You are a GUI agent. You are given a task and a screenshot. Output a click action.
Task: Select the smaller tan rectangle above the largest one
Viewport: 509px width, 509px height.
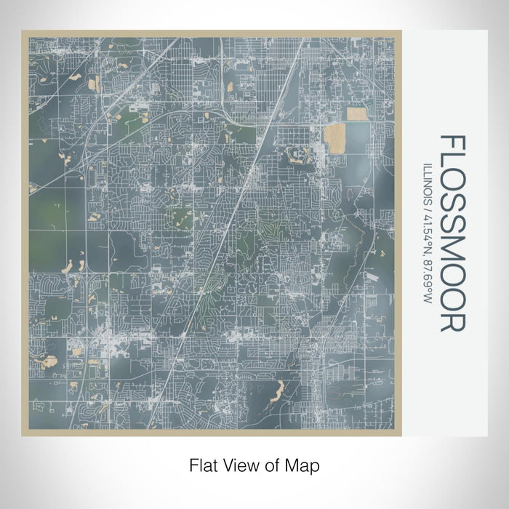(357, 113)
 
